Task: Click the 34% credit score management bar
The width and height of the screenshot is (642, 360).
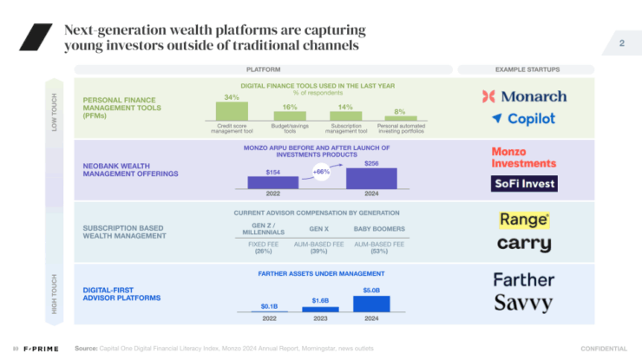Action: [x=232, y=111]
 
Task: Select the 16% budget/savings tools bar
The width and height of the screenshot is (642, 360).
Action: [x=290, y=115]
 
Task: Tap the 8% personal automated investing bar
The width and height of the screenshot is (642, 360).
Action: [x=400, y=118]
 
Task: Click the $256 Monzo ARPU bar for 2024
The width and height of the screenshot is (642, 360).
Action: [x=371, y=178]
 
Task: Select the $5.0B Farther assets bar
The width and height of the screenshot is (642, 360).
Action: [x=371, y=303]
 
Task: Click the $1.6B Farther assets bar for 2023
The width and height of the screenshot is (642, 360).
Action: [x=321, y=307]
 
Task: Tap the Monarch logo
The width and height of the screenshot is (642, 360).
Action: [x=524, y=96]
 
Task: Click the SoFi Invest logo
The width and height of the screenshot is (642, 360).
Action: [x=524, y=183]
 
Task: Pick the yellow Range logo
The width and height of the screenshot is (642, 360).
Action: [x=524, y=219]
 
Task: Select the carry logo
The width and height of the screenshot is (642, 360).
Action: [x=524, y=244]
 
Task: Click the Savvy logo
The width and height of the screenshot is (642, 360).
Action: [x=524, y=303]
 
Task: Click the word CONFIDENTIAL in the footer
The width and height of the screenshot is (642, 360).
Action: [x=603, y=349]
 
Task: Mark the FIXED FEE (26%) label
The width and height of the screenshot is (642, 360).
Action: [x=263, y=247]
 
